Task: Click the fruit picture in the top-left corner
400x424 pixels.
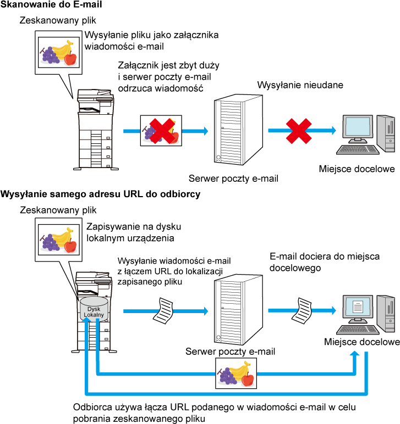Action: [x=58, y=52]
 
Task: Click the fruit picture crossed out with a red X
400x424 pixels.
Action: [x=161, y=131]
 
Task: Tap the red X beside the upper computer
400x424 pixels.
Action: [x=299, y=131]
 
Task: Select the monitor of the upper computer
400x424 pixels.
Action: [x=358, y=128]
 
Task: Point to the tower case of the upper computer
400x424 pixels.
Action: [x=386, y=133]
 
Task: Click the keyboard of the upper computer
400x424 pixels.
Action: [x=358, y=149]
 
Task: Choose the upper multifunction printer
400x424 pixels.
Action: [x=95, y=130]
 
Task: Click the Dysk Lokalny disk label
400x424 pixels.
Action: [x=94, y=312]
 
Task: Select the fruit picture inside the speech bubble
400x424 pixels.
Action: [x=58, y=239]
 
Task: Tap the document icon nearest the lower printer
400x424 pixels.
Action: [x=163, y=311]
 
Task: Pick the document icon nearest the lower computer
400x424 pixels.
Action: [x=302, y=311]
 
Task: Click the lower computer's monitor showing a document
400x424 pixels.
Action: [x=358, y=308]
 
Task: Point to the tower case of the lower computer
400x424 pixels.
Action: [x=386, y=313]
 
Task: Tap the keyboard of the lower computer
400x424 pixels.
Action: [x=358, y=330]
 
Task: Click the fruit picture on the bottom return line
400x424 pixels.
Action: [x=236, y=373]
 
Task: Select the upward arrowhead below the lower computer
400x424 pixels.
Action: [x=354, y=353]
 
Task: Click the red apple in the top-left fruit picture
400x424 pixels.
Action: [x=70, y=58]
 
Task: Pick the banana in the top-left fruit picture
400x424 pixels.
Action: [x=63, y=49]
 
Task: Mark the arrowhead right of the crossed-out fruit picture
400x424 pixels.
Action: [x=206, y=131]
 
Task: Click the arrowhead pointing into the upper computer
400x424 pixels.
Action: [x=333, y=130]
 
